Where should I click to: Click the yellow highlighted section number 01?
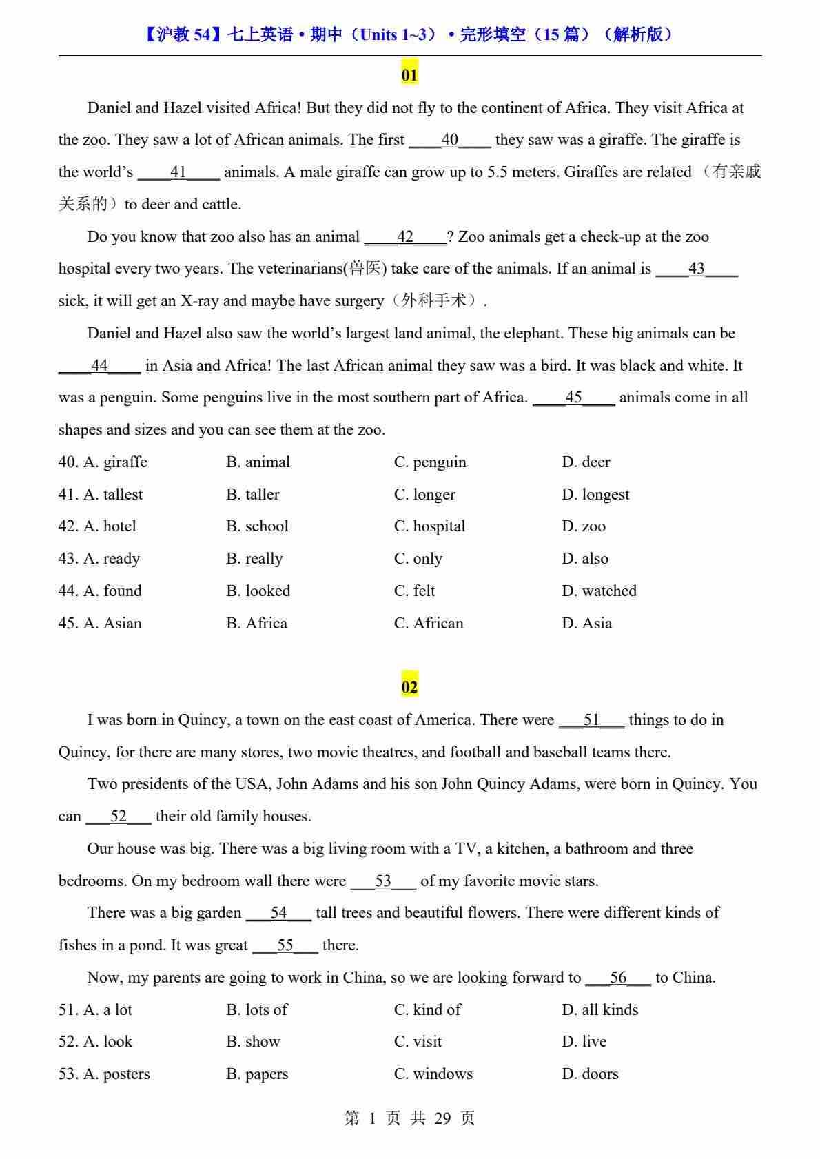(x=409, y=74)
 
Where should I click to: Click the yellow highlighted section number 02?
(x=409, y=686)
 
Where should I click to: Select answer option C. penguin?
(x=430, y=462)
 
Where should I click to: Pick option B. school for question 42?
(x=257, y=526)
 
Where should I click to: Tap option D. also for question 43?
(x=585, y=558)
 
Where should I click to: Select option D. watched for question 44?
(x=599, y=591)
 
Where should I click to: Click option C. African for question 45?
(x=429, y=623)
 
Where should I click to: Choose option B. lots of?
(x=257, y=1009)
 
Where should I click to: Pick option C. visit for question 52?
(x=418, y=1041)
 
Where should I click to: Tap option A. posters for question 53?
(x=104, y=1074)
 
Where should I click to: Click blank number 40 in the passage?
(x=449, y=140)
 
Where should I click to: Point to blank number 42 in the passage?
(x=405, y=237)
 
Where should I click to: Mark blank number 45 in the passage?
(x=573, y=398)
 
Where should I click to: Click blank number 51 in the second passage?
(x=591, y=720)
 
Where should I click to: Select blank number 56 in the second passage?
(x=617, y=978)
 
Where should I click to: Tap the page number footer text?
(x=409, y=1118)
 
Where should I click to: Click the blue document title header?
(x=409, y=34)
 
